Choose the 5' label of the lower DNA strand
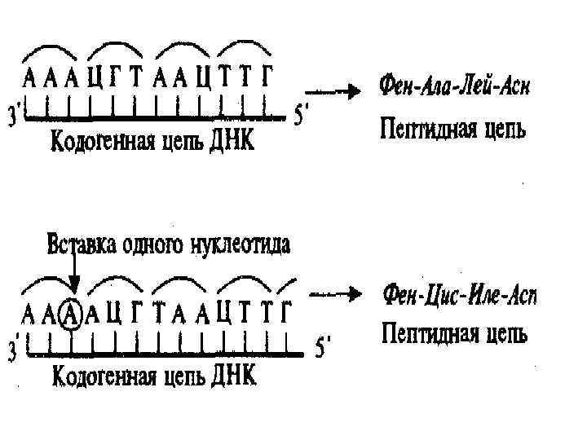click(x=324, y=350)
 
